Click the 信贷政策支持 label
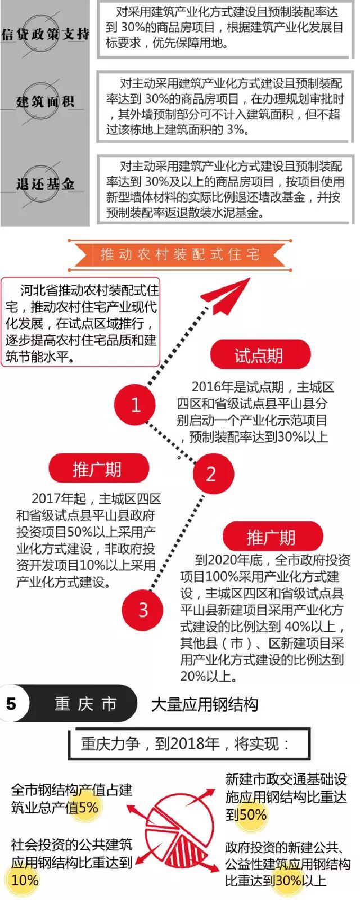pos(45,34)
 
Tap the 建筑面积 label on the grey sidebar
pos(45,102)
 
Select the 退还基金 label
pos(45,184)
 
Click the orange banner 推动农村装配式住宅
pos(179,255)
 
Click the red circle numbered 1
pos(135,404)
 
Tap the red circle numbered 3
pos(143,610)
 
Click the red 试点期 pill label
pos(259,355)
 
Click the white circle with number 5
pos(12,704)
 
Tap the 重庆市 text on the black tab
pos(86,704)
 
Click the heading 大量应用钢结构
pos(205,704)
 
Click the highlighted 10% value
pos(24,880)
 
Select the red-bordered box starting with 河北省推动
pos(81,323)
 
